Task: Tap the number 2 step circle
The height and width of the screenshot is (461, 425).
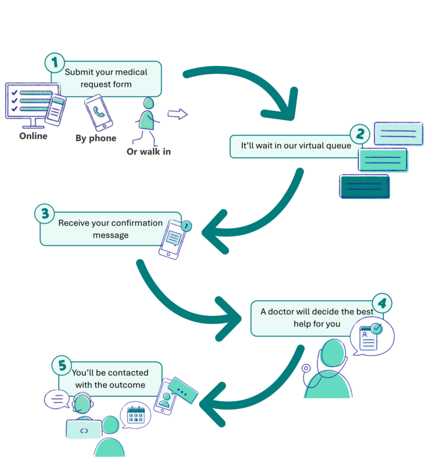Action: click(360, 134)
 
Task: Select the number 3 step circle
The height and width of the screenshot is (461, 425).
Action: click(44, 214)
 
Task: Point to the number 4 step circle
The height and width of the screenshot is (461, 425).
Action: click(382, 303)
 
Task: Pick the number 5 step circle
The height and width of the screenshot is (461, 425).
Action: click(61, 365)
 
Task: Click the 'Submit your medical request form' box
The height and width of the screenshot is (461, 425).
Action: click(105, 79)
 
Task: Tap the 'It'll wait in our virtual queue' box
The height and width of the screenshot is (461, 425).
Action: click(296, 146)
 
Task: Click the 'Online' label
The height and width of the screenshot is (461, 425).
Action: click(33, 136)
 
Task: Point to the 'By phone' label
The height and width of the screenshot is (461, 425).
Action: click(96, 138)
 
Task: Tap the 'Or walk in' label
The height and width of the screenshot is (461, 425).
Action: click(148, 152)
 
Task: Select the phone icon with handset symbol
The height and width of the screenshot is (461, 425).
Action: click(100, 112)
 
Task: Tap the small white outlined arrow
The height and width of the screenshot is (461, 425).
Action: click(178, 114)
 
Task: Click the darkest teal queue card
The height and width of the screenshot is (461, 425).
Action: click(365, 187)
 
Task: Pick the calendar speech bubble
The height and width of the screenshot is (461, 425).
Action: click(136, 414)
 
